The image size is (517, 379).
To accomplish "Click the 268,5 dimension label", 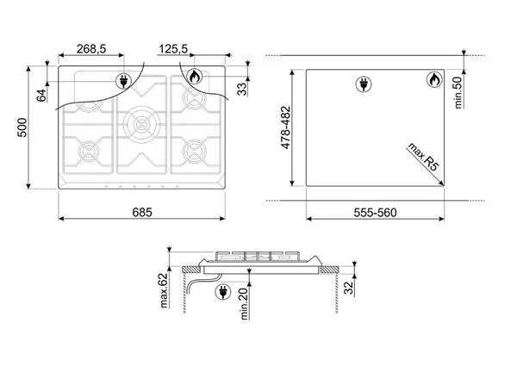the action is tap(91, 49).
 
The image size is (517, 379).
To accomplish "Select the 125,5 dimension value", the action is tap(173, 49).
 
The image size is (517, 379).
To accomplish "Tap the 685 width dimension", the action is tap(142, 212).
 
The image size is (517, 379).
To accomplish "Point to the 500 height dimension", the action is tap(22, 127).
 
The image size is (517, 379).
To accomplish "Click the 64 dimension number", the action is tap(41, 96).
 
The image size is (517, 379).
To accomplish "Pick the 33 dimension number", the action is tap(242, 89).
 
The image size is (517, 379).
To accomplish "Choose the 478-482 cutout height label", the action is tap(285, 127).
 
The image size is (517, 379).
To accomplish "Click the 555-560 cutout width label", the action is tap(375, 213).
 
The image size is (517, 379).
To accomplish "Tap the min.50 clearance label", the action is tap(458, 93).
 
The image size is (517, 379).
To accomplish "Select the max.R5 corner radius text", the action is tap(424, 157).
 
